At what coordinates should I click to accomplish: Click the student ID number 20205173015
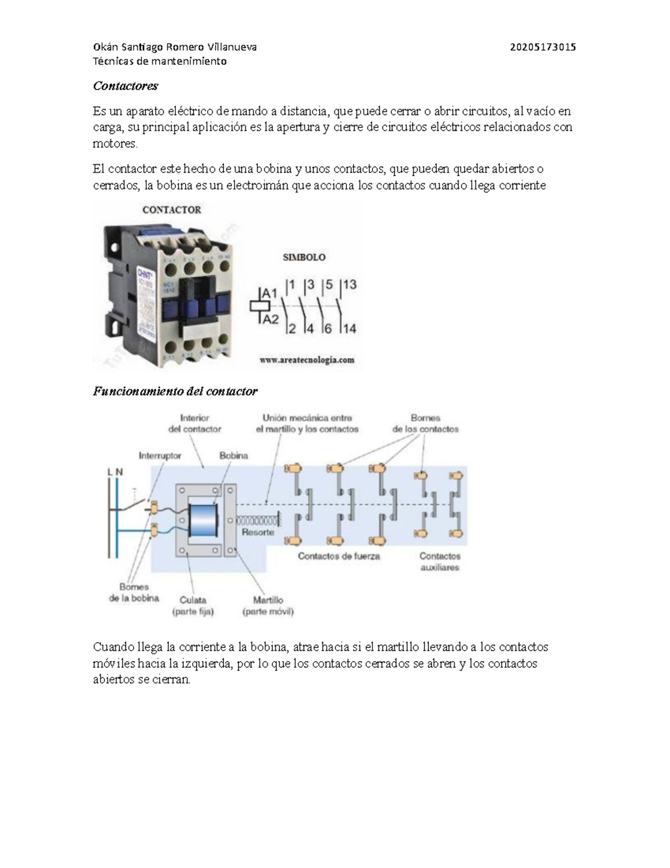click(x=543, y=47)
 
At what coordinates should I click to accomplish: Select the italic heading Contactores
click(x=126, y=86)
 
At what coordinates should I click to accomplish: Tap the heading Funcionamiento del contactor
click(x=175, y=391)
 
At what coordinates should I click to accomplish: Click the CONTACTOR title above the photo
click(x=171, y=210)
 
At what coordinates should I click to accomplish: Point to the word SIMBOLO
click(x=304, y=258)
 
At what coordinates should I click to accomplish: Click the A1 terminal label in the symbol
click(x=270, y=293)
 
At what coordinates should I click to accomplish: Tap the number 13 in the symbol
click(x=350, y=284)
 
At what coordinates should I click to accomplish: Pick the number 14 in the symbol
click(x=349, y=329)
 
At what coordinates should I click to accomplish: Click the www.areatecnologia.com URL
click(x=307, y=360)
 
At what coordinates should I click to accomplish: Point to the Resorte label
click(x=258, y=533)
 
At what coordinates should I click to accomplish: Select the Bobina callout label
click(x=233, y=456)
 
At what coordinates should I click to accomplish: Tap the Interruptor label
click(x=160, y=456)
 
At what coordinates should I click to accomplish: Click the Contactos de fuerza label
click(x=338, y=556)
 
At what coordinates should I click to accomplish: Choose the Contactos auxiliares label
click(x=440, y=562)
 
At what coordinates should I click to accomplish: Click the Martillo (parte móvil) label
click(x=268, y=606)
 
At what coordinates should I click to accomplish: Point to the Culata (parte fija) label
click(x=193, y=606)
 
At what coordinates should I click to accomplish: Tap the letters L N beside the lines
click(x=114, y=472)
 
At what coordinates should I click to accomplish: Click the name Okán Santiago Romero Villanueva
click(x=175, y=47)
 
